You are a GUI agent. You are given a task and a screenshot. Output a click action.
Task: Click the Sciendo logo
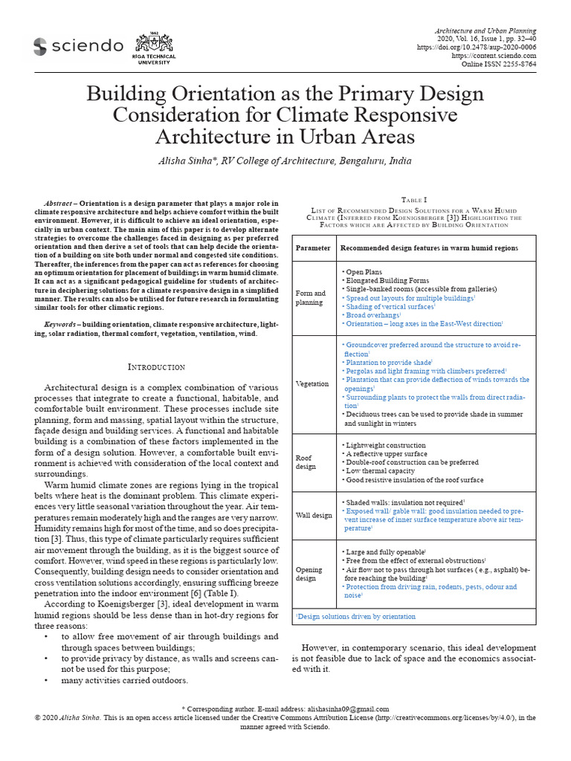pos(78,47)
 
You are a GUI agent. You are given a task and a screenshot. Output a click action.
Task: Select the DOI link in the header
pos(486,47)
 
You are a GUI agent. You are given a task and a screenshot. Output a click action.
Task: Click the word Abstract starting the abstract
pos(59,204)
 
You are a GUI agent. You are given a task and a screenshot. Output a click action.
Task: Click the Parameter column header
pos(312,247)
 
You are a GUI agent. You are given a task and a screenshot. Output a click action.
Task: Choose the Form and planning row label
pos(310,298)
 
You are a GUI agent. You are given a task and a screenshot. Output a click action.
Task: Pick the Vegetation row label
pos(312,383)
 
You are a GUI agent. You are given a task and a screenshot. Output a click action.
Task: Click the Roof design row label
pos(306,463)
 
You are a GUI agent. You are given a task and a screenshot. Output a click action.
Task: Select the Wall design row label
pos(314,515)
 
